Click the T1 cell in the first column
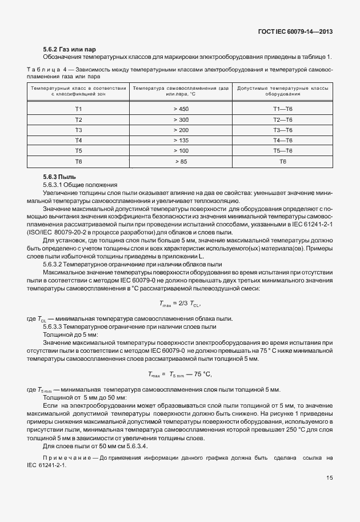(79, 109)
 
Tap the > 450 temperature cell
(181, 109)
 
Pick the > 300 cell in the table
(181, 119)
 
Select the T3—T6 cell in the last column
(282, 130)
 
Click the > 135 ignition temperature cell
(181, 140)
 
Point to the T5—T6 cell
(282, 150)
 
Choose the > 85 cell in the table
(181, 162)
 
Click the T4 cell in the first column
(79, 140)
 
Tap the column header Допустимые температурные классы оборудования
(282, 91)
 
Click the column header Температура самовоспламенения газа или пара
(181, 91)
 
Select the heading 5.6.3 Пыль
(59, 177)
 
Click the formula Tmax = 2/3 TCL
(180, 305)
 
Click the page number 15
(329, 478)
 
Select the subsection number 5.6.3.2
(55, 265)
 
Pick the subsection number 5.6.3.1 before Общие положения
(55, 185)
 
